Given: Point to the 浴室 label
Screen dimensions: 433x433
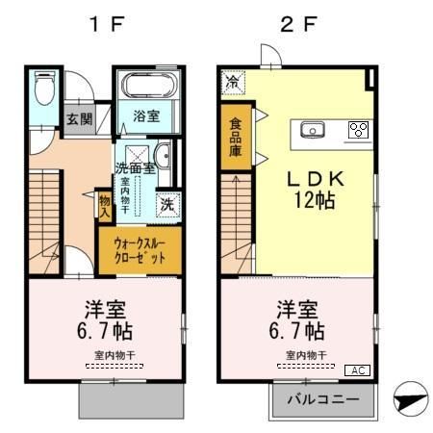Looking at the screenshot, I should pyautogui.click(x=146, y=116).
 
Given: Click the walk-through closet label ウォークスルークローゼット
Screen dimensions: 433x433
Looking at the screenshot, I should pyautogui.click(x=139, y=249).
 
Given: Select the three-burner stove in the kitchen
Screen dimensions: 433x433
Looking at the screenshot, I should pyautogui.click(x=358, y=130).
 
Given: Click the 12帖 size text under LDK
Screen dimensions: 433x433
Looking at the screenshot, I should pyautogui.click(x=306, y=203).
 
